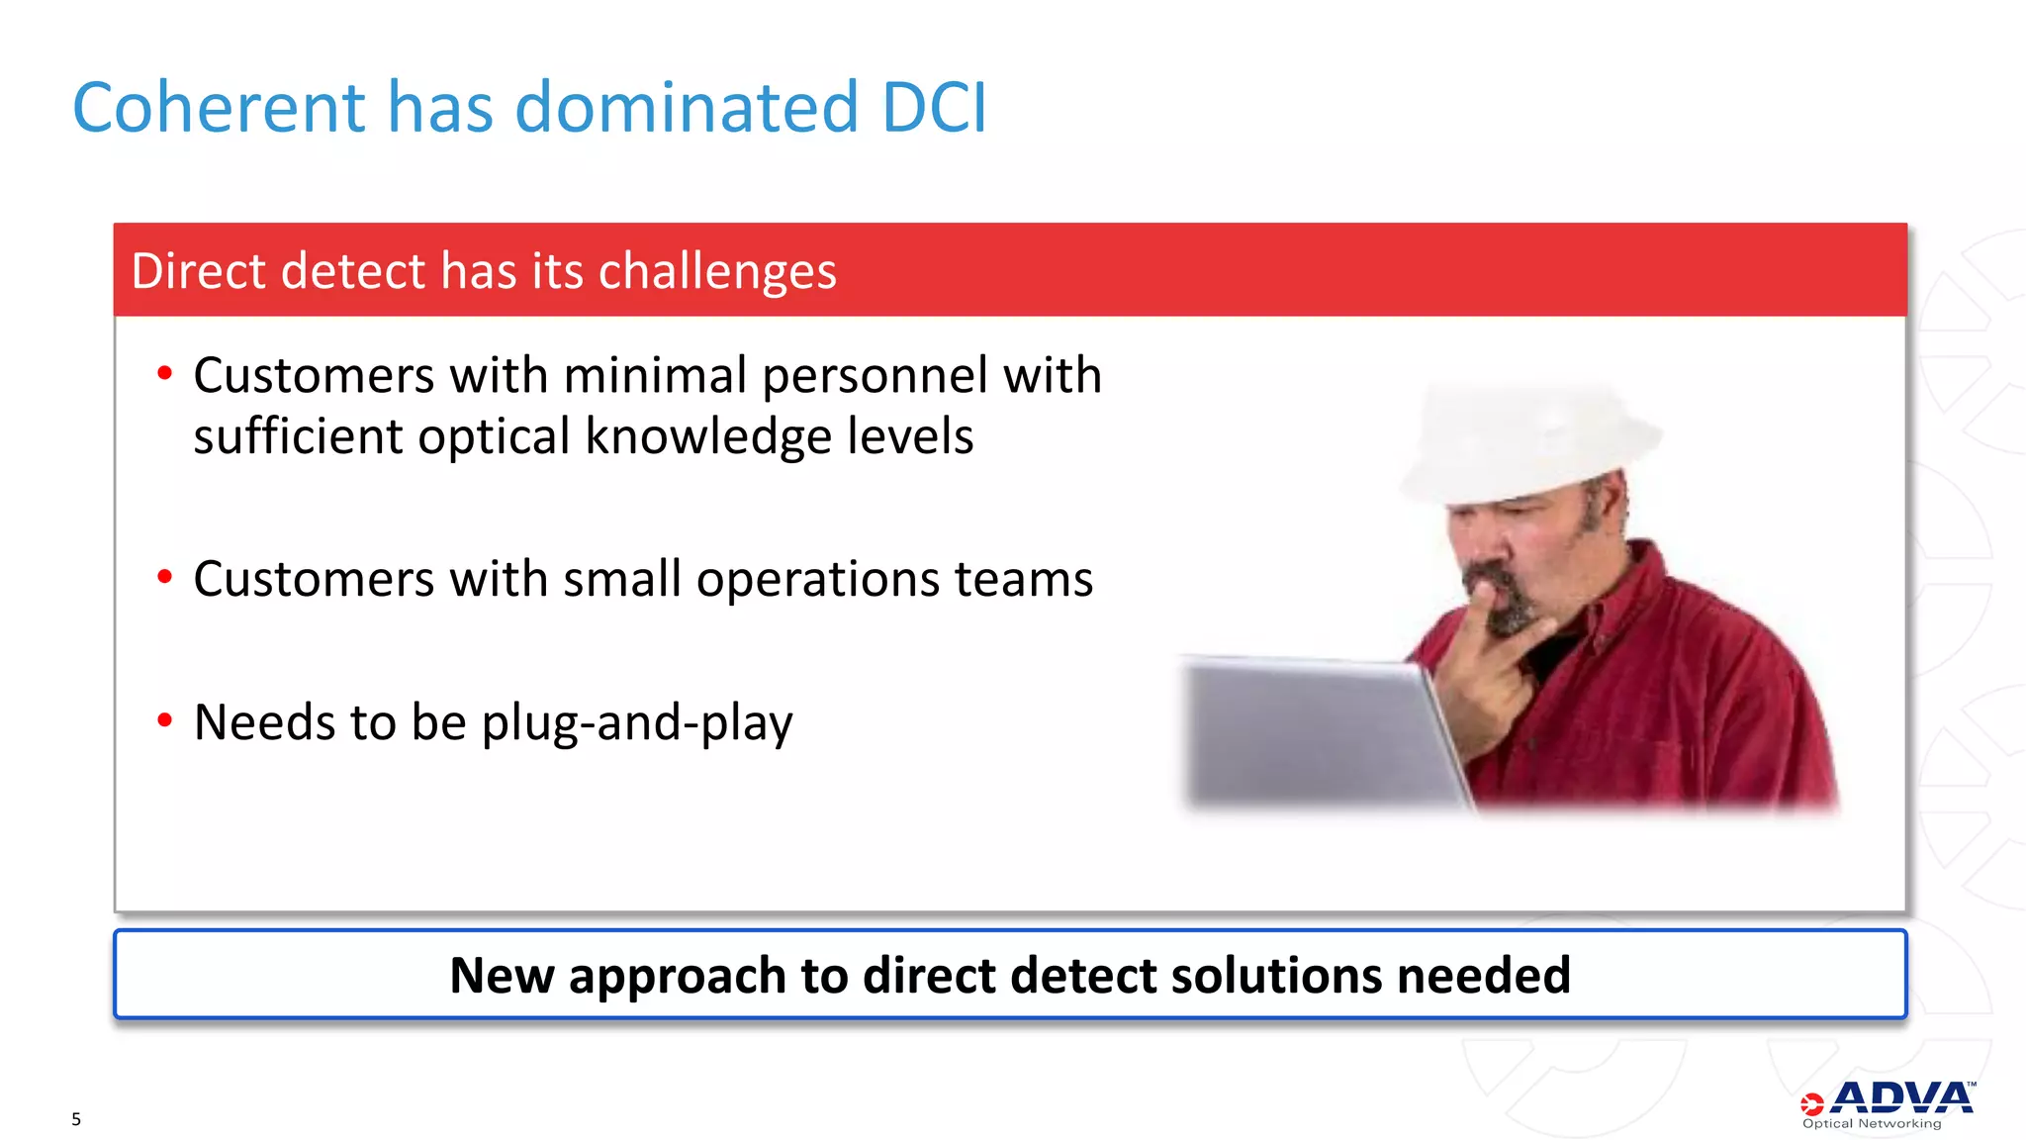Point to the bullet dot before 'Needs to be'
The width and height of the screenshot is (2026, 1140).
pos(164,720)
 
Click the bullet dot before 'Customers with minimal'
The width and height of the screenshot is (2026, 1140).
pos(164,374)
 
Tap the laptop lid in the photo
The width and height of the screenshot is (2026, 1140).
pos(1316,732)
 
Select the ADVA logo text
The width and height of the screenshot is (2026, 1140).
pos(1900,1098)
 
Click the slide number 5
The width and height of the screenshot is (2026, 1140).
pos(76,1119)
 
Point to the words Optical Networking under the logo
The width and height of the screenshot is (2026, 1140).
pos(1872,1124)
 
